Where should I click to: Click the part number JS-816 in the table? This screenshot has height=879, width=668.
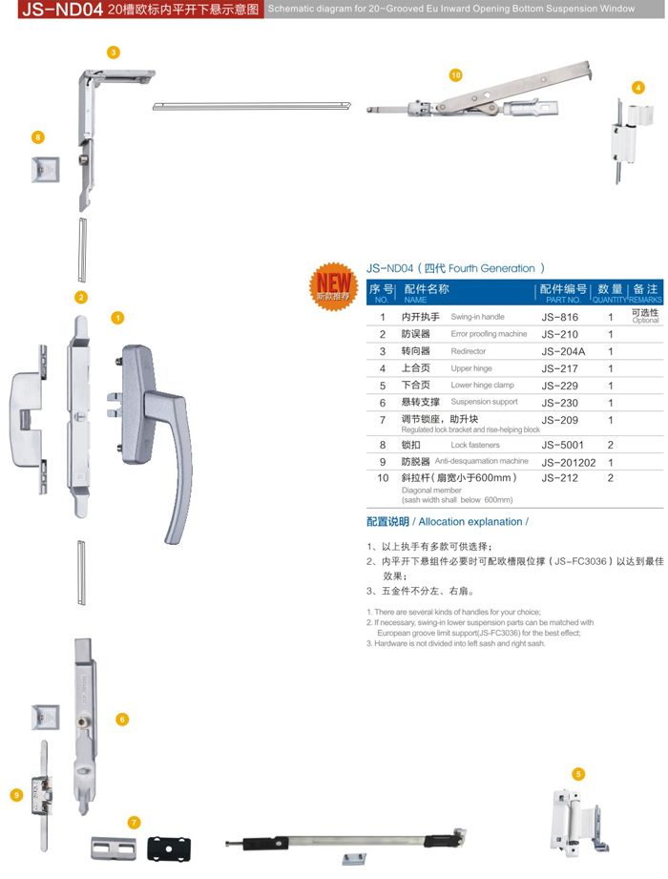[x=559, y=317]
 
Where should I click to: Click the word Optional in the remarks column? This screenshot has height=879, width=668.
[x=645, y=321]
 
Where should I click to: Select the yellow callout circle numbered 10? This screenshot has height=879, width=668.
[x=455, y=74]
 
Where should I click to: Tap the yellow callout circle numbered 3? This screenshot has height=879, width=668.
[x=113, y=52]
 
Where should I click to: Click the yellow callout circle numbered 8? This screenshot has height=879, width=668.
[x=38, y=138]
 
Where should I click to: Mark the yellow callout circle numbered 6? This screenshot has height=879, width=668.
[x=122, y=719]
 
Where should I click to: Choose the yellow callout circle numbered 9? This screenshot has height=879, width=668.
[x=16, y=794]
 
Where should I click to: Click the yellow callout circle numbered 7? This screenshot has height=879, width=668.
[x=135, y=822]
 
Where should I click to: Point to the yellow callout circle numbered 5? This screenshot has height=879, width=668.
[x=578, y=774]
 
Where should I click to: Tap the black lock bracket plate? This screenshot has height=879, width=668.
[x=169, y=847]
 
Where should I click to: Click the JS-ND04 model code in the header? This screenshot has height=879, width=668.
[x=52, y=10]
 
